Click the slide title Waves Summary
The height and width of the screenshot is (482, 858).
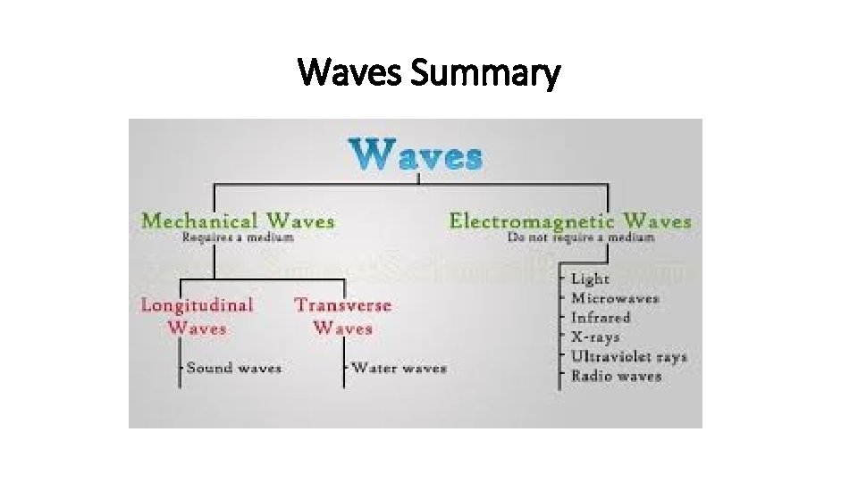[x=429, y=73]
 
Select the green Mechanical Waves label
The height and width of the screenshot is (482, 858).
[x=238, y=220]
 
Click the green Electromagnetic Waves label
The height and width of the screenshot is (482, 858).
[x=569, y=220]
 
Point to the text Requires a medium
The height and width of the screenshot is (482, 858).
[x=238, y=237]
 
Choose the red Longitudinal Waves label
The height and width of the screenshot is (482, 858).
[x=197, y=316]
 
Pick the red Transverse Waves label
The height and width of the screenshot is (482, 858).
[x=343, y=316]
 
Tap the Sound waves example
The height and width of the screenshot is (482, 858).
[x=234, y=368]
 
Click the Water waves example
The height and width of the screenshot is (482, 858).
[x=399, y=368]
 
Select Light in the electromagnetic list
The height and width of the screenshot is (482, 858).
[x=590, y=279]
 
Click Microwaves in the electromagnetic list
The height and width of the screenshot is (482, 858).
[x=615, y=298]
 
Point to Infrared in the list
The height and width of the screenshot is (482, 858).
[x=601, y=318]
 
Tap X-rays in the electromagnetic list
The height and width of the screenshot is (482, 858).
[x=595, y=337]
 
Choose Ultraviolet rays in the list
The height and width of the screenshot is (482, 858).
[x=629, y=357]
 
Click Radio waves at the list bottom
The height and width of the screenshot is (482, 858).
[x=617, y=376]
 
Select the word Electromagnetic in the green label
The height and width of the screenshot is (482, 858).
[x=532, y=220]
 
